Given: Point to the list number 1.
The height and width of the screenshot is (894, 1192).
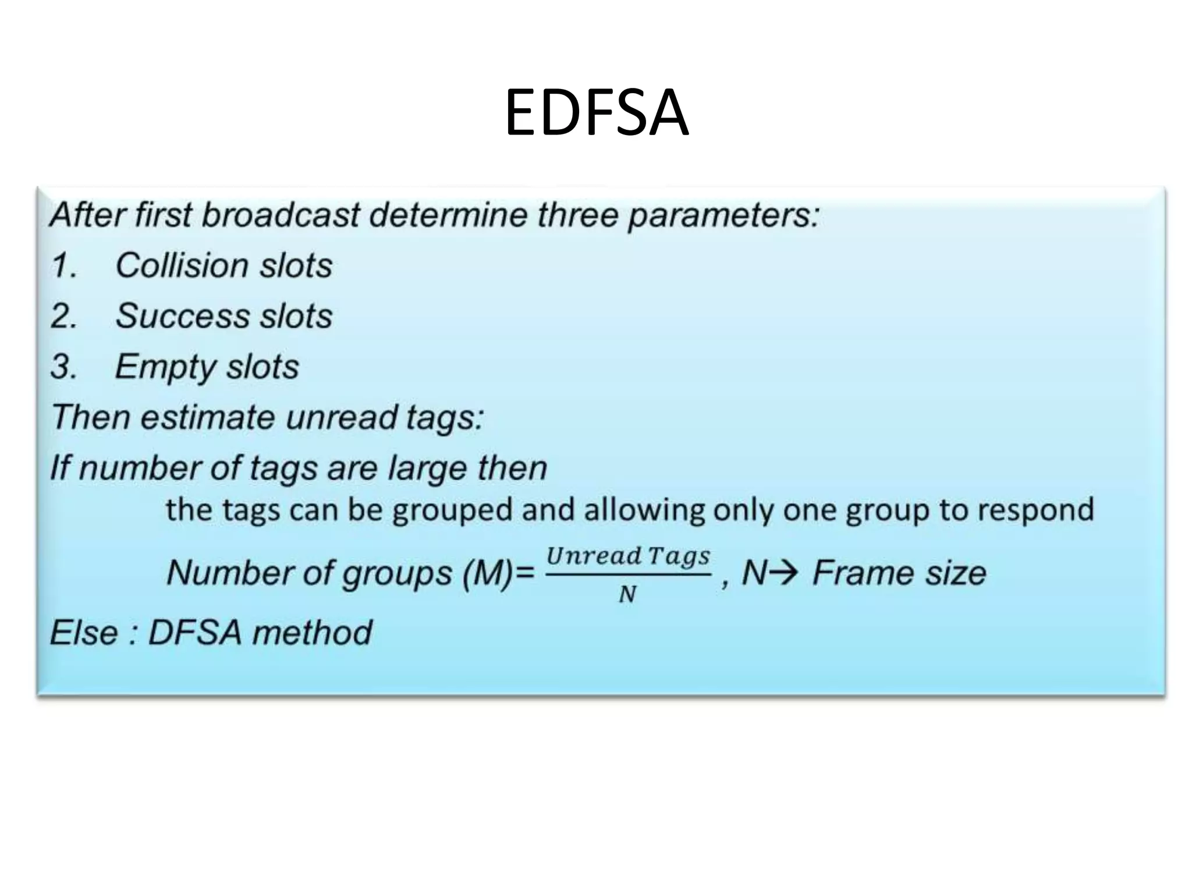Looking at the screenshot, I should click(x=63, y=266).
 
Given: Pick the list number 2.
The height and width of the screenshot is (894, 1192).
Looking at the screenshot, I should click(x=63, y=317).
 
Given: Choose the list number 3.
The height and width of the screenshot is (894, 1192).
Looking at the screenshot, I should click(x=63, y=367).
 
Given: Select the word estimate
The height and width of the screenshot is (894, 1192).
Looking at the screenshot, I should click(x=213, y=417).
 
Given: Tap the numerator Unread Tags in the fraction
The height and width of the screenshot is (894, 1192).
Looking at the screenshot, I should click(x=628, y=556).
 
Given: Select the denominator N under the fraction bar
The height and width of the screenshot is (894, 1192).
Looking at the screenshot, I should click(x=627, y=594).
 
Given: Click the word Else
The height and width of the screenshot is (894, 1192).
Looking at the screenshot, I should click(x=84, y=633).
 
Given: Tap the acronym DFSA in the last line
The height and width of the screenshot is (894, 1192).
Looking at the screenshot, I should click(x=195, y=633).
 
